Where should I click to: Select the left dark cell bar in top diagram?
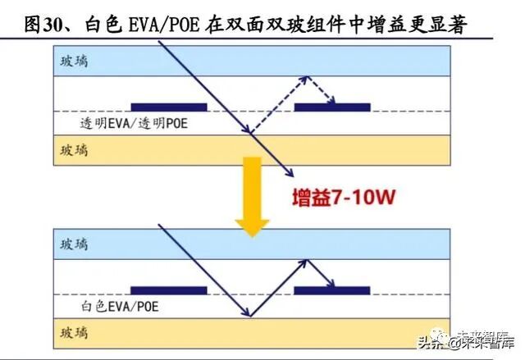(x=169, y=107)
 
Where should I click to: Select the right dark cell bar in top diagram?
(x=332, y=107)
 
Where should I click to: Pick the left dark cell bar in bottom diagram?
(x=169, y=290)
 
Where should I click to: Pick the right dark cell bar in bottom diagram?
(x=332, y=290)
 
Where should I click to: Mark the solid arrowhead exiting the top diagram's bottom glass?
(x=288, y=171)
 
